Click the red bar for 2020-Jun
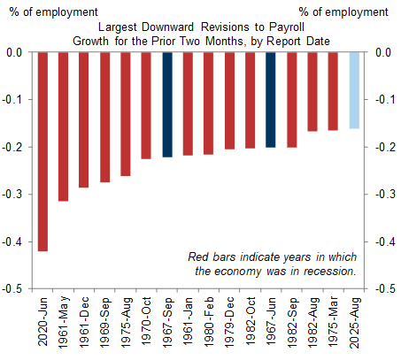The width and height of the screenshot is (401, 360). click(42, 152)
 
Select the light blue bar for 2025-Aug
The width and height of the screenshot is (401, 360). click(354, 90)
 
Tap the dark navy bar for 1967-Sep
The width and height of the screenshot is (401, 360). click(167, 104)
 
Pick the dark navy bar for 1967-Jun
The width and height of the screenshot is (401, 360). click(271, 100)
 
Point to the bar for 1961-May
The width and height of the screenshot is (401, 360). click(64, 126)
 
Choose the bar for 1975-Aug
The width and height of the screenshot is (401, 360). click(126, 114)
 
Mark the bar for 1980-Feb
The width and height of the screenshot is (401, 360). click(208, 103)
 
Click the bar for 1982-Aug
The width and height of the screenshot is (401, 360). click(312, 92)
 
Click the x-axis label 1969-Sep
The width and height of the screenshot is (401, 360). click(104, 321)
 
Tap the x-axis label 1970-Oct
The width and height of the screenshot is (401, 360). click(146, 321)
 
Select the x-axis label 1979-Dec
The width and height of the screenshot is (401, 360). click(229, 321)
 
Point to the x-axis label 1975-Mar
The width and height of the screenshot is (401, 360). click(333, 322)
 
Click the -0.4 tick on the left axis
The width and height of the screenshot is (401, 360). click(12, 241)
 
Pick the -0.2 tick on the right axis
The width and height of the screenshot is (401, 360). click(386, 147)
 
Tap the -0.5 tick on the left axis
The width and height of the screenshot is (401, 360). click(12, 288)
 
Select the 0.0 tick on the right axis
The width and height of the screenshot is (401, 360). click(383, 52)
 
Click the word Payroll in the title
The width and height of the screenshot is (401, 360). click(287, 27)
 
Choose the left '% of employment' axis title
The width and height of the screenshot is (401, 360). click(53, 12)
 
